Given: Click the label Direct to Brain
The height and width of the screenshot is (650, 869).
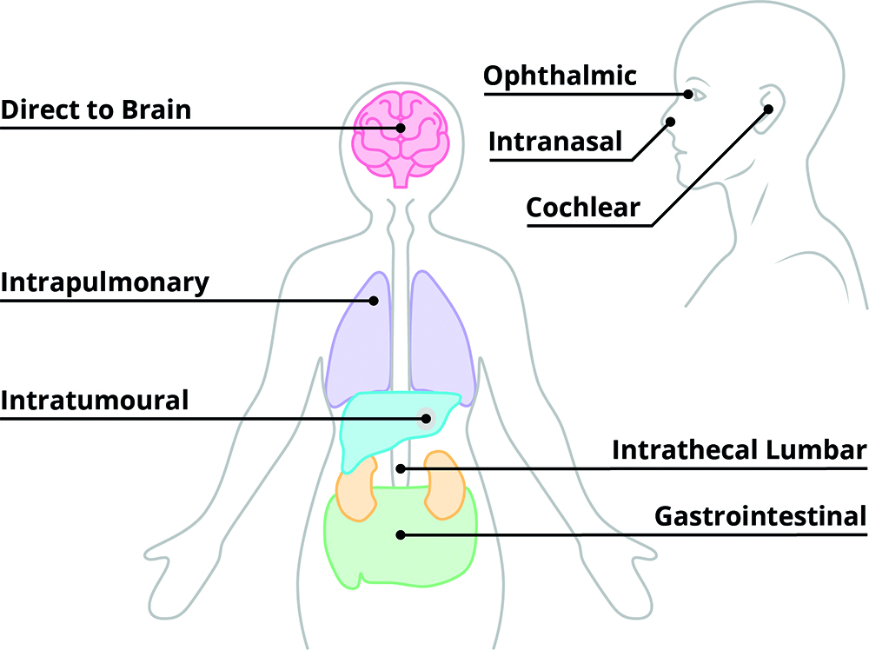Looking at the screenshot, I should [96, 111].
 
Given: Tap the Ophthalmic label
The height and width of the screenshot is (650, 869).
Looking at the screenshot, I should [560, 76].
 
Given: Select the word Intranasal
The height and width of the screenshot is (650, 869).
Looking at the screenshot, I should [555, 141].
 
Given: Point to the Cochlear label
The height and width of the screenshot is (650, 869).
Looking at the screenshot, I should [583, 208].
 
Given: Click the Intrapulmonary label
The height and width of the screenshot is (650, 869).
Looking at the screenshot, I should [105, 283].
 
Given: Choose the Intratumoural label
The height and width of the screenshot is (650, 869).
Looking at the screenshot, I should [95, 401].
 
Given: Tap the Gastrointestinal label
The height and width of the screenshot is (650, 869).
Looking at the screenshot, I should [760, 516].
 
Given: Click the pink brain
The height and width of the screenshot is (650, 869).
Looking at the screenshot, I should [401, 139].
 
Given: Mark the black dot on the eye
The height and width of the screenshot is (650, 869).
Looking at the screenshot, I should [688, 94].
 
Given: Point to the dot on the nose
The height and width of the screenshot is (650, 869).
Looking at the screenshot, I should [670, 123].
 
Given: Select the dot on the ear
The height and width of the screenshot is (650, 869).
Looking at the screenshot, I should [769, 109].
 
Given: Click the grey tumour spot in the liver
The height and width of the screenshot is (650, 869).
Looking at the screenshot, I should [426, 419].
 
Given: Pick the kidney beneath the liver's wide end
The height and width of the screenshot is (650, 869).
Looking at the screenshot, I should [356, 491].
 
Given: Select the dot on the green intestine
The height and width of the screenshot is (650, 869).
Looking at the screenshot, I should [400, 535].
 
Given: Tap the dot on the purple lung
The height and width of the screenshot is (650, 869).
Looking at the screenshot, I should [374, 301].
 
